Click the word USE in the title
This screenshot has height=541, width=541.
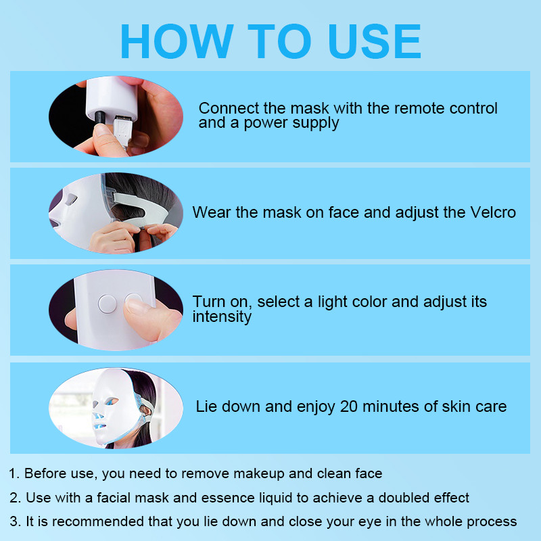(x=375, y=41)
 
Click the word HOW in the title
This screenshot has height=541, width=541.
(x=177, y=41)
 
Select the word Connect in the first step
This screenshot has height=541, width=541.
(x=229, y=108)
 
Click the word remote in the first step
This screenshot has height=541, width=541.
(x=419, y=108)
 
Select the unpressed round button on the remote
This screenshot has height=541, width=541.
(x=108, y=304)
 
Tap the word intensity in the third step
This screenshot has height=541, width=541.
(x=222, y=316)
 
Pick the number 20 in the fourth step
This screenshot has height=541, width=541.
(x=348, y=406)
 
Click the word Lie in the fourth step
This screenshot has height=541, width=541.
(x=206, y=406)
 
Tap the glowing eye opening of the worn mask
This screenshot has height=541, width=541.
(x=112, y=401)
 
